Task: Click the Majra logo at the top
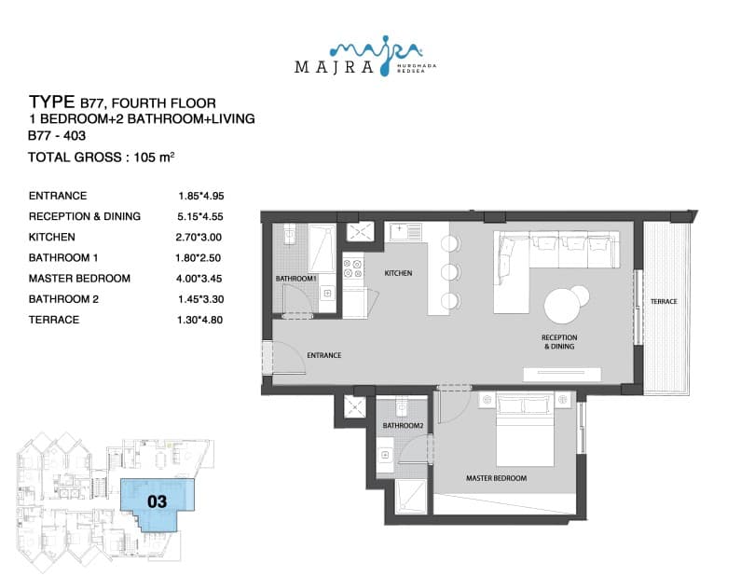point(365,57)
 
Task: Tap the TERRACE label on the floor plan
point(664,301)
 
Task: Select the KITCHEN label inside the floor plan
point(398,273)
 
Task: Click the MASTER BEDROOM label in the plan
point(496,478)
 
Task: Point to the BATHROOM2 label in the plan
point(403,426)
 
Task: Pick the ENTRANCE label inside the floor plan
point(324,355)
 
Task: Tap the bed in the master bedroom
point(525,429)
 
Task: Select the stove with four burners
point(353,267)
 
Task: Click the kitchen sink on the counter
point(405,231)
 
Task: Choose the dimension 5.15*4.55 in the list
point(200,217)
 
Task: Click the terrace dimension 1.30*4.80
point(199,320)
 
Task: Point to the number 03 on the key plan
point(157,501)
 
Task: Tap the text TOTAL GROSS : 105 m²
point(102,157)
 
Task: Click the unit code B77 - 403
point(57,136)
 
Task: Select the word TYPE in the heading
point(52,103)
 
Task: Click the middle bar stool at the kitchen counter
point(450,272)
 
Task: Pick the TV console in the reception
point(562,374)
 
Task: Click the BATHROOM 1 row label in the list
point(63,258)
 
